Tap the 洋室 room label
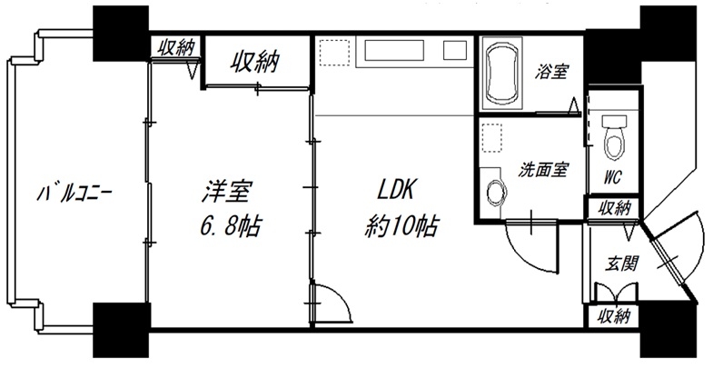[x=225, y=193]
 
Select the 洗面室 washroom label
[x=544, y=169]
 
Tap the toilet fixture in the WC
[x=613, y=131]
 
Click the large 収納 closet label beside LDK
[x=254, y=62]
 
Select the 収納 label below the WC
[x=612, y=208]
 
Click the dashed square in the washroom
[x=492, y=136]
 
